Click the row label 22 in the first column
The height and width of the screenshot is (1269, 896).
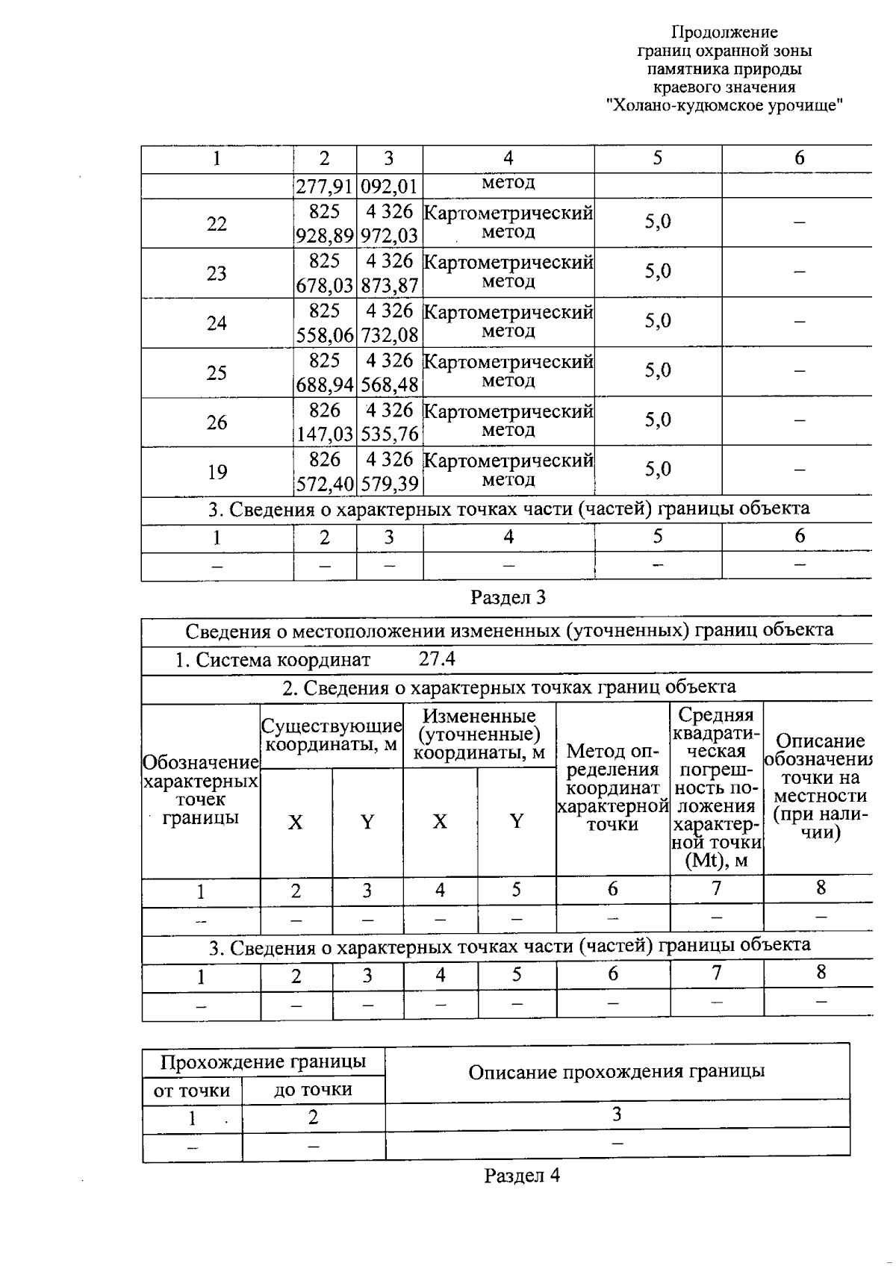(217, 223)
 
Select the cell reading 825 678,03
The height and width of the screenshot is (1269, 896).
(324, 273)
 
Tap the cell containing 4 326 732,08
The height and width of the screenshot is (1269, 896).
(389, 323)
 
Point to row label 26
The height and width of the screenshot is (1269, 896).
(217, 423)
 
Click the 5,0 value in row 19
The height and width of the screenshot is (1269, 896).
(658, 470)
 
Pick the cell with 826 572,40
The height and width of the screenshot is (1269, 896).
(324, 472)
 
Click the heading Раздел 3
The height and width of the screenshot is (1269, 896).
(508, 597)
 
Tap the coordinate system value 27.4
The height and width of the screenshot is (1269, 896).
(437, 658)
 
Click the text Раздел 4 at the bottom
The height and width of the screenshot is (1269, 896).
(522, 1176)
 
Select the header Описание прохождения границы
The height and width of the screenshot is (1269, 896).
(616, 1072)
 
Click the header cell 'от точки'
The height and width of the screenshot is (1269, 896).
(192, 1091)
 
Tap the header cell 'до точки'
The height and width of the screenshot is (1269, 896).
(313, 1089)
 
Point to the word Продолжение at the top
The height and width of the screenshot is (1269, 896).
(724, 32)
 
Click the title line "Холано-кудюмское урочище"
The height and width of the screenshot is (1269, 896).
(724, 105)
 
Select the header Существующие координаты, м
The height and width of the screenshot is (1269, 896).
(332, 735)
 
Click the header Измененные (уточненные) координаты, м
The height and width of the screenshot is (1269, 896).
(479, 735)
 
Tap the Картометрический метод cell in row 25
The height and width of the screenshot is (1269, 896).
(508, 371)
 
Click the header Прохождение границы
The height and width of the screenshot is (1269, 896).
(264, 1061)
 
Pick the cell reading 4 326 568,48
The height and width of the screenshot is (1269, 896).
(389, 372)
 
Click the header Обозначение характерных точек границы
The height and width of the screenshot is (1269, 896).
(200, 790)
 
